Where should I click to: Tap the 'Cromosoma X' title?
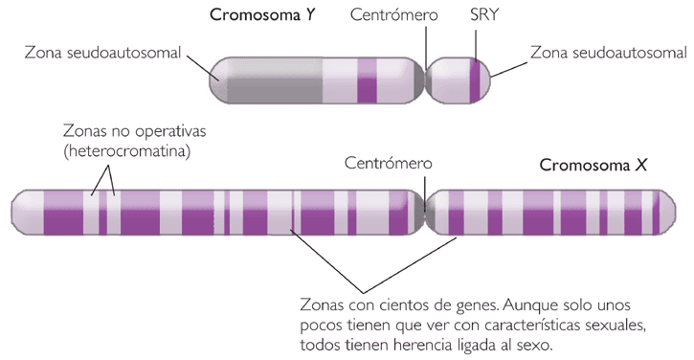[594, 165]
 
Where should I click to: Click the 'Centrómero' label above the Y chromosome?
[394, 15]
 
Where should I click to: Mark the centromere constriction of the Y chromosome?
[426, 79]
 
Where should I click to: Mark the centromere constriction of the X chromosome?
[424, 212]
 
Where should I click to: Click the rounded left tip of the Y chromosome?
[218, 79]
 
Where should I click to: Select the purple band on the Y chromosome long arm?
[367, 79]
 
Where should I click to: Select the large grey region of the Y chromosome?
[273, 79]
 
